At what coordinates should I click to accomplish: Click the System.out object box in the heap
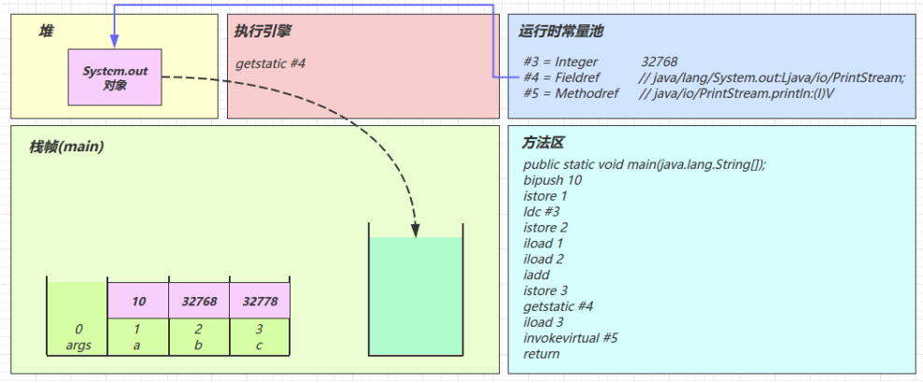pos(115,78)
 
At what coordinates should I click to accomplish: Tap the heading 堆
pos(46,32)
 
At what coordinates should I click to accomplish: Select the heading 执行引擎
pos(263,32)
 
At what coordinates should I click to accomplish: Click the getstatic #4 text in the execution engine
pos(271,64)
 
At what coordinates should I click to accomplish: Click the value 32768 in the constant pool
pos(660,62)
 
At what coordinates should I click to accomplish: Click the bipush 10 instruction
pos(553,180)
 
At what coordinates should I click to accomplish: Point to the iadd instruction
pos(537,275)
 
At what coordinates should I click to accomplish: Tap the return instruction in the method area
pos(542,353)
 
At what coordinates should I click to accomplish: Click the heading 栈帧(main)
pos(66,147)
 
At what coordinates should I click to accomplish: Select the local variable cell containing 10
pos(139,301)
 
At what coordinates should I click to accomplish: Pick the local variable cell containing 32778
pos(260,301)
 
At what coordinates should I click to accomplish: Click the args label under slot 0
pos(78,344)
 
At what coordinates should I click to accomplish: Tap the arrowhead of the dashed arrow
pos(416,230)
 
